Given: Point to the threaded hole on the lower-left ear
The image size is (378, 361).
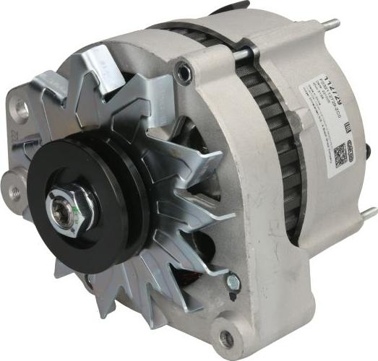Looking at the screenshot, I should point(14,193).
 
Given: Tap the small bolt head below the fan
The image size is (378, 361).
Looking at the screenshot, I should point(233,282).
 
